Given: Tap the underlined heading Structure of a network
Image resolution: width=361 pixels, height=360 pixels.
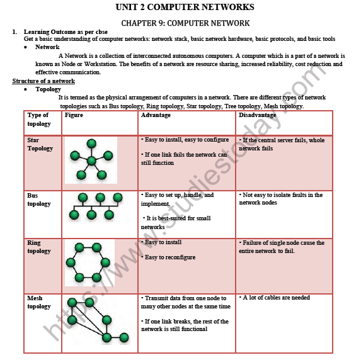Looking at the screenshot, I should point(43,81).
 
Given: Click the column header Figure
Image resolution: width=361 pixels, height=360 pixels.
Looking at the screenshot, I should point(74,115).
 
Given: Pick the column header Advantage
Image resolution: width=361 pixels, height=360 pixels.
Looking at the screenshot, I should point(155,115).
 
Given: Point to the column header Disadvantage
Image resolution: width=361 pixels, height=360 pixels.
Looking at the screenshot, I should point(257,115).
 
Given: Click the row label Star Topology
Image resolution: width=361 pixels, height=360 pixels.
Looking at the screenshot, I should point(40,144).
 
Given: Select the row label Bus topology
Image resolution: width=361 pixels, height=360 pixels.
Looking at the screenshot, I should point(39,200).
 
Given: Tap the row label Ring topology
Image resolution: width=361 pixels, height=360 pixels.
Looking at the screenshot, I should point(39,247).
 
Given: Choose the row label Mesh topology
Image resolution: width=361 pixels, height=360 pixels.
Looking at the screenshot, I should point(39,302).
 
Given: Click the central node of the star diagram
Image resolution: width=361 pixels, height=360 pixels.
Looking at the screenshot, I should point(92,160).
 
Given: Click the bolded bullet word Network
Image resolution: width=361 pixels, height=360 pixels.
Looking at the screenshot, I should point(48,47).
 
